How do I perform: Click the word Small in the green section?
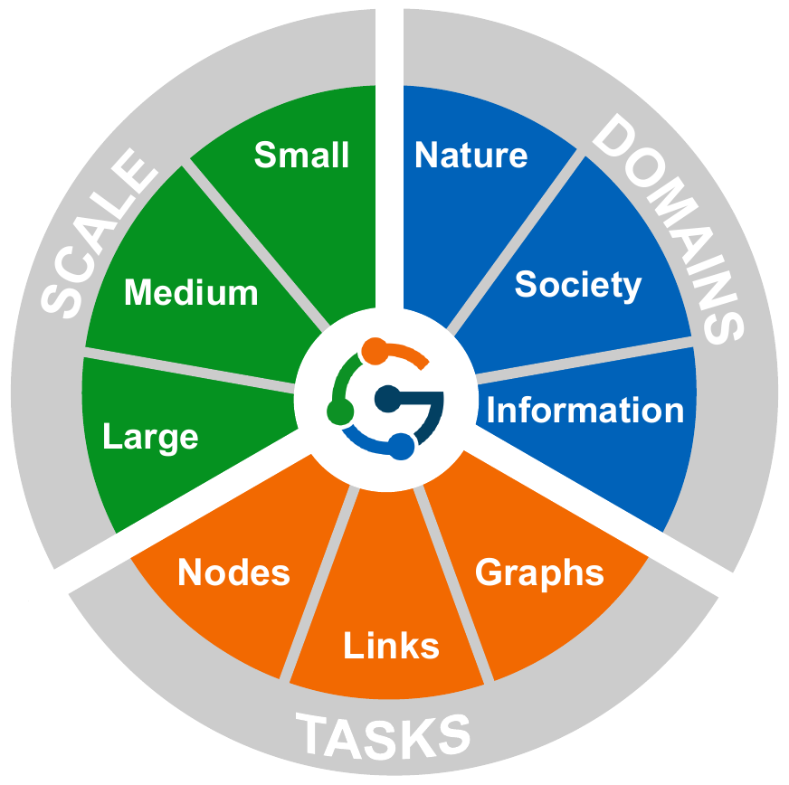pyautogui.click(x=301, y=155)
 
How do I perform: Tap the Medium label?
pyautogui.click(x=191, y=292)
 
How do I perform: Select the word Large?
pyautogui.click(x=150, y=438)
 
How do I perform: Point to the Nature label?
pyautogui.click(x=471, y=155)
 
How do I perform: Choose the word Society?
pyautogui.click(x=577, y=285)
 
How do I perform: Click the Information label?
pyautogui.click(x=585, y=410)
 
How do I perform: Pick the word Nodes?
pyautogui.click(x=233, y=572)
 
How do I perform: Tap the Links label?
pyautogui.click(x=391, y=646)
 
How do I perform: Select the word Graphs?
pyautogui.click(x=539, y=572)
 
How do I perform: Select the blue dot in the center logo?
pyautogui.click(x=403, y=446)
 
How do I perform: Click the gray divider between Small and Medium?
pyautogui.click(x=256, y=244)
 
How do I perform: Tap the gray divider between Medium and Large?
pyautogui.click(x=190, y=371)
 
